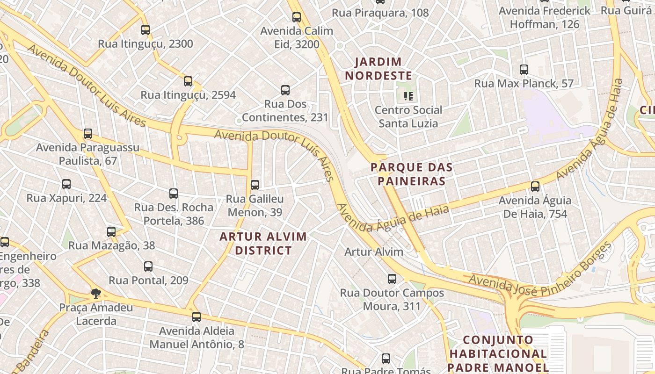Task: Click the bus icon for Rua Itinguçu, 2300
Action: (146, 30)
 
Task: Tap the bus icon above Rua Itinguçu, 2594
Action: (188, 81)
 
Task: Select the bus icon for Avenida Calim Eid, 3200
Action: (297, 17)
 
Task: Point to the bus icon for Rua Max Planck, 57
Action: (524, 70)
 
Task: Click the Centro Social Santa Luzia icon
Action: (408, 96)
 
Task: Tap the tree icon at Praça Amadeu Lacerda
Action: (96, 294)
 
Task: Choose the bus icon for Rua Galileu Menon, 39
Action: (255, 185)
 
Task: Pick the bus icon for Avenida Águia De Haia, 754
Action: (535, 187)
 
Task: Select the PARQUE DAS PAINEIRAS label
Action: (412, 174)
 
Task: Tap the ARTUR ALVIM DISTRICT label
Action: (263, 244)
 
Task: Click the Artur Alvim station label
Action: (374, 252)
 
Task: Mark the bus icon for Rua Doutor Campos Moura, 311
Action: (392, 279)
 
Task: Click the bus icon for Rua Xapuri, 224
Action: (66, 184)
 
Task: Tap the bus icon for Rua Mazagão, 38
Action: (111, 231)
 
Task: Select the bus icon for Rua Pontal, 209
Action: (148, 266)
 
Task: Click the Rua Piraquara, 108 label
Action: (380, 13)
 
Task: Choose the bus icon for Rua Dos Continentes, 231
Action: (285, 90)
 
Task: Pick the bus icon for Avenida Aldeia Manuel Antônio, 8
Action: (196, 317)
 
